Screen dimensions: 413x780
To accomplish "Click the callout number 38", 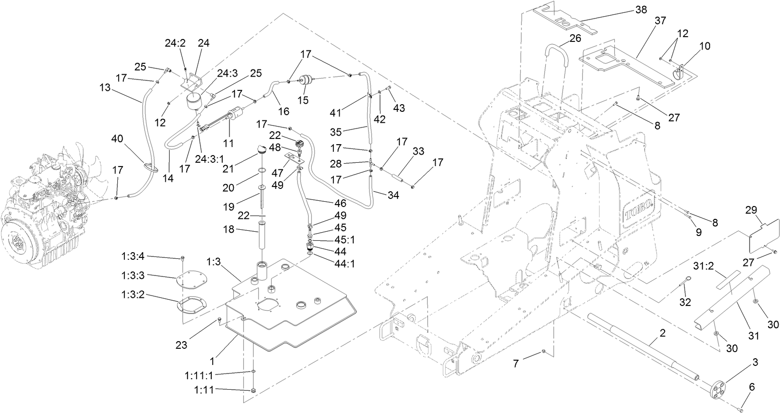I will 641,10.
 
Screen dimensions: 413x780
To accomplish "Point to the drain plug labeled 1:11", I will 253,390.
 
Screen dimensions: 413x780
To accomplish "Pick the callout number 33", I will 418,152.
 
